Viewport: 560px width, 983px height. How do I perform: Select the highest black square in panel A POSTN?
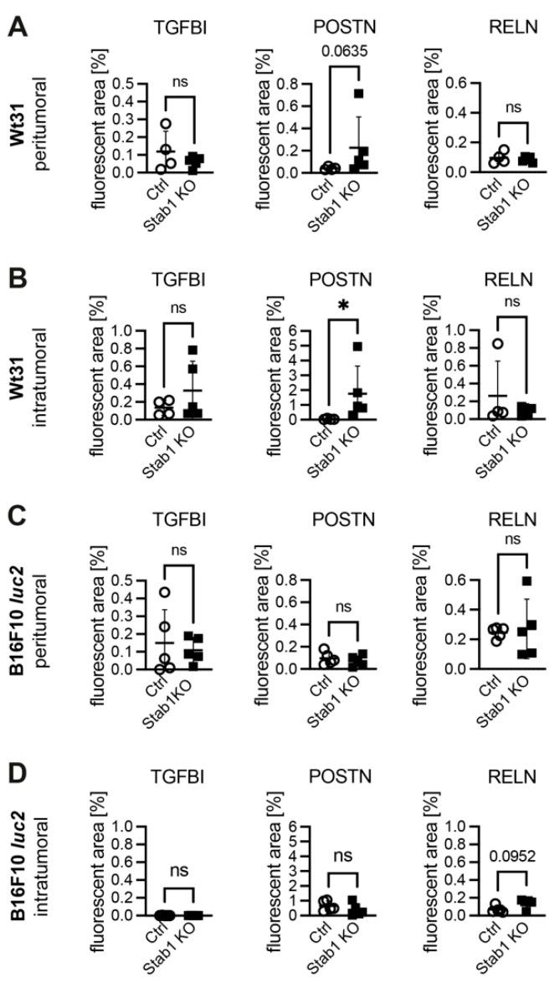pyautogui.click(x=358, y=94)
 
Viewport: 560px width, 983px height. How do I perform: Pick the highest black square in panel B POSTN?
pyautogui.click(x=358, y=346)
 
